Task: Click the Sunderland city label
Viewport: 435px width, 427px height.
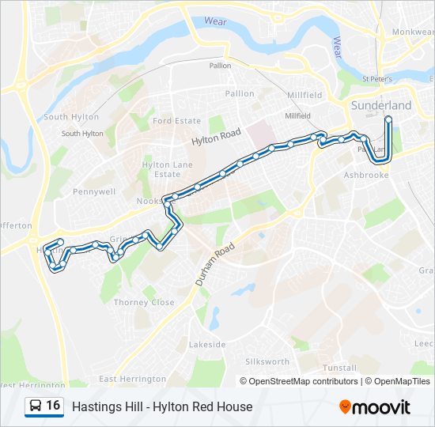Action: point(381,105)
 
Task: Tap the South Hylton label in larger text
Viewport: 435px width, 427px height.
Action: point(71,117)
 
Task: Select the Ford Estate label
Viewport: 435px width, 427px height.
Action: point(177,121)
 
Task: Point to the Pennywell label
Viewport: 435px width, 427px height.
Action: point(94,191)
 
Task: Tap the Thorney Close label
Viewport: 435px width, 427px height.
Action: point(143,302)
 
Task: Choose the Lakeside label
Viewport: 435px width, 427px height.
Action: point(207,345)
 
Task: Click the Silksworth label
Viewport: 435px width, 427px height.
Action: point(268,361)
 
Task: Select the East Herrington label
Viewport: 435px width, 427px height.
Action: point(133,380)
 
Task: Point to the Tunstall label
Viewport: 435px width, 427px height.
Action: point(341,368)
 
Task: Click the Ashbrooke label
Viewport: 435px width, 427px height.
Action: point(367,175)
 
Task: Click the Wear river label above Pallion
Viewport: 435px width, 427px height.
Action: point(214,22)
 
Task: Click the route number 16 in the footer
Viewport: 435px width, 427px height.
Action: point(53,406)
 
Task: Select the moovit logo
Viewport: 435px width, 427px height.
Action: point(375,407)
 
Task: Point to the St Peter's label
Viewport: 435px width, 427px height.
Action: point(377,79)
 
